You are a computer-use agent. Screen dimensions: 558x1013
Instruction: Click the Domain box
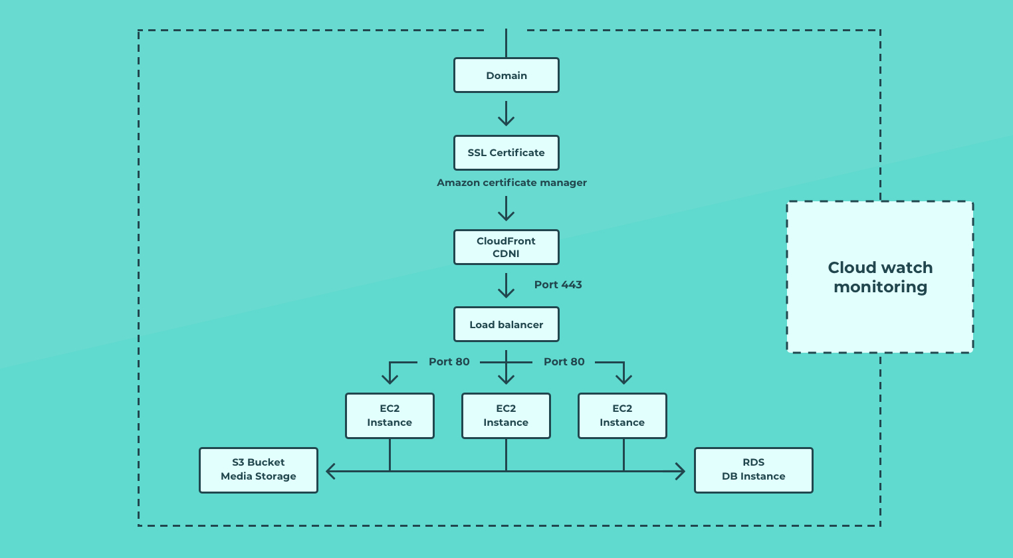click(506, 75)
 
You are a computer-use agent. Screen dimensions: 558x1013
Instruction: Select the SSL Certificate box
click(506, 153)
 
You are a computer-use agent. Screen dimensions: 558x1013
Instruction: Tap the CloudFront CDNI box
click(506, 247)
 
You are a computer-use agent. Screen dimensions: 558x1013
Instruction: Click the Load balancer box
click(506, 324)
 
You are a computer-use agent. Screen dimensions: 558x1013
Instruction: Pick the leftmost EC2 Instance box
click(390, 416)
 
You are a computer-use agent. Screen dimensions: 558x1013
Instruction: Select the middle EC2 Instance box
click(506, 416)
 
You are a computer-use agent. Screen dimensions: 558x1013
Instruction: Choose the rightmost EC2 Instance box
click(622, 416)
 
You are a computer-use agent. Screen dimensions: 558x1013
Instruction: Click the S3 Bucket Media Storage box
click(259, 470)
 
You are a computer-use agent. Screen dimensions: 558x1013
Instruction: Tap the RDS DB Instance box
click(753, 470)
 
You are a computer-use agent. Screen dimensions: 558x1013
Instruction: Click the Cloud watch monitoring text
click(880, 277)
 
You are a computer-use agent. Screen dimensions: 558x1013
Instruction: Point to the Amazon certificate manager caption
click(511, 183)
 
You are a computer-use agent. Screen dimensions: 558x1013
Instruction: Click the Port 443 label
click(558, 285)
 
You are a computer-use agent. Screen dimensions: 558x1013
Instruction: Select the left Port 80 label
click(449, 362)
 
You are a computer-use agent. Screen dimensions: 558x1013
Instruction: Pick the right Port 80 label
click(564, 362)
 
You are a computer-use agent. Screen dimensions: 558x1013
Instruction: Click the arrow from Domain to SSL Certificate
click(506, 114)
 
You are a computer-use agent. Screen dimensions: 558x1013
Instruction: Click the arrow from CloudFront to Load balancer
click(506, 286)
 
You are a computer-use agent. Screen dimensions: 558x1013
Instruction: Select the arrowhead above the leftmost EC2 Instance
click(390, 379)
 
